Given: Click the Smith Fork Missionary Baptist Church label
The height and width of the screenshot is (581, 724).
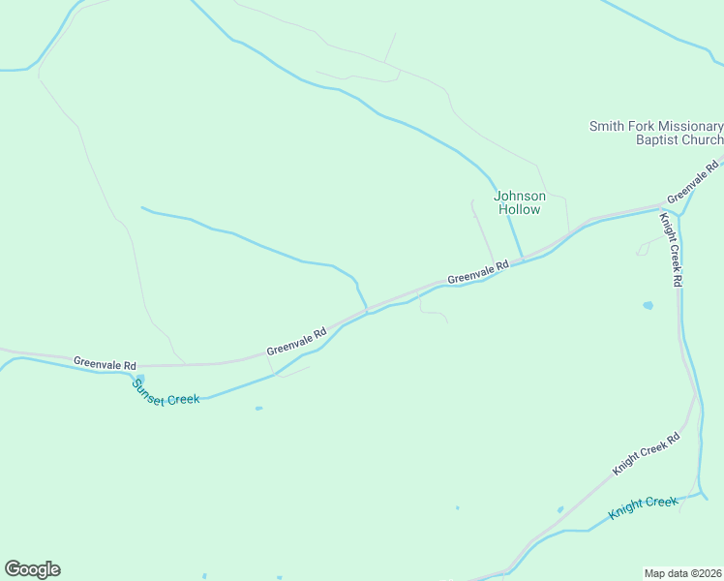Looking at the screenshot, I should coord(656,134).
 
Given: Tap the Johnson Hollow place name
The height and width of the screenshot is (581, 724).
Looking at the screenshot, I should coord(520,202).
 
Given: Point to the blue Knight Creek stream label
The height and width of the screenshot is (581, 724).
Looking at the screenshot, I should coord(643,507).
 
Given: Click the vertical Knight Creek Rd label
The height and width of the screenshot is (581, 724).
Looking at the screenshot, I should coord(672,249).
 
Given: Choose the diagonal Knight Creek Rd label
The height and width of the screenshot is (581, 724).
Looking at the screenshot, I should coord(647,453).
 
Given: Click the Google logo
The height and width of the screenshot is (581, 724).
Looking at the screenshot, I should coord(32,569).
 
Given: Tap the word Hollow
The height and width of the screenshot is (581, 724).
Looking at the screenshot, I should coord(520,209).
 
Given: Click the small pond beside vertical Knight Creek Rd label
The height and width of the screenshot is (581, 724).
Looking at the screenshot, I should coord(648,305).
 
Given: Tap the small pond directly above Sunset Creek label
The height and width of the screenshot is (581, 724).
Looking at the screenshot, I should coord(141,378).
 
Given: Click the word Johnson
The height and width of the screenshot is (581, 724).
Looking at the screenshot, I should coord(520,196).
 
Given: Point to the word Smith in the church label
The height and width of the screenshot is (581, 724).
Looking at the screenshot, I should coord(608,127).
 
